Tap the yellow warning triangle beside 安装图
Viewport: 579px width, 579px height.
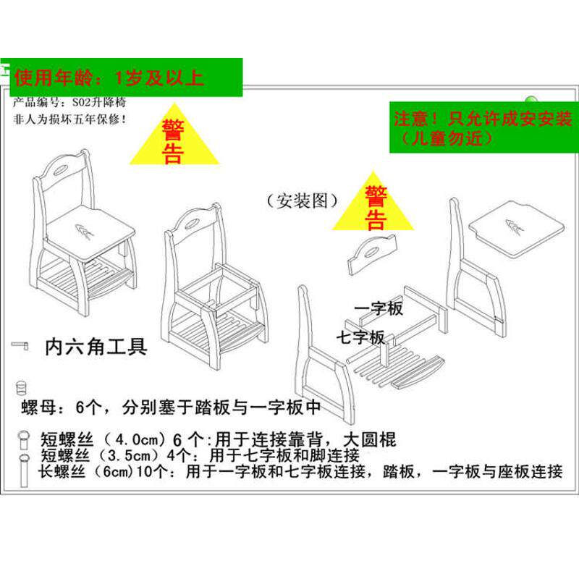[375, 206]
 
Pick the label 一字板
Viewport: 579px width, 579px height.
[379, 310]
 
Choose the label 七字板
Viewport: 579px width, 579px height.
[360, 337]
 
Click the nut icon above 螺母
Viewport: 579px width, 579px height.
[21, 386]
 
